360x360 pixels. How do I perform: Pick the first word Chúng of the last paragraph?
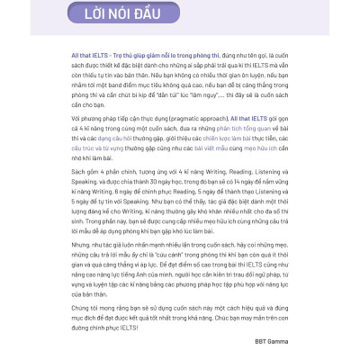coord(83,306)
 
